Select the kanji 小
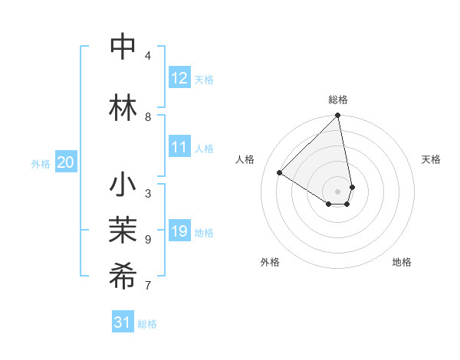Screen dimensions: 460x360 point(123,186)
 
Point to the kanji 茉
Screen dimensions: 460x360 point(123,231)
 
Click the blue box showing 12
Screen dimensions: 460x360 point(179,78)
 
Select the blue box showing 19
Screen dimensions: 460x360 point(179,231)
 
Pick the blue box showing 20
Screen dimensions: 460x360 point(66,162)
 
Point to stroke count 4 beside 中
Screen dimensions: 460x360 point(148,56)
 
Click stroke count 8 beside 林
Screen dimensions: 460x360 point(148,117)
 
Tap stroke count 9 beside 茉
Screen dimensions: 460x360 point(148,240)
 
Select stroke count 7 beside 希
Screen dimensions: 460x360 point(148,286)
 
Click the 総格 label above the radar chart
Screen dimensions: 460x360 point(338,100)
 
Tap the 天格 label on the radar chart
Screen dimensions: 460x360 point(431,159)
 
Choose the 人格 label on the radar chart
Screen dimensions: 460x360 point(245,159)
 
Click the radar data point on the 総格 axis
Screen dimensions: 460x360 point(338,116)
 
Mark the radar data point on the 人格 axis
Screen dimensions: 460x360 point(280,173)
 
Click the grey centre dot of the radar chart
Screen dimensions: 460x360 point(338,191)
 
